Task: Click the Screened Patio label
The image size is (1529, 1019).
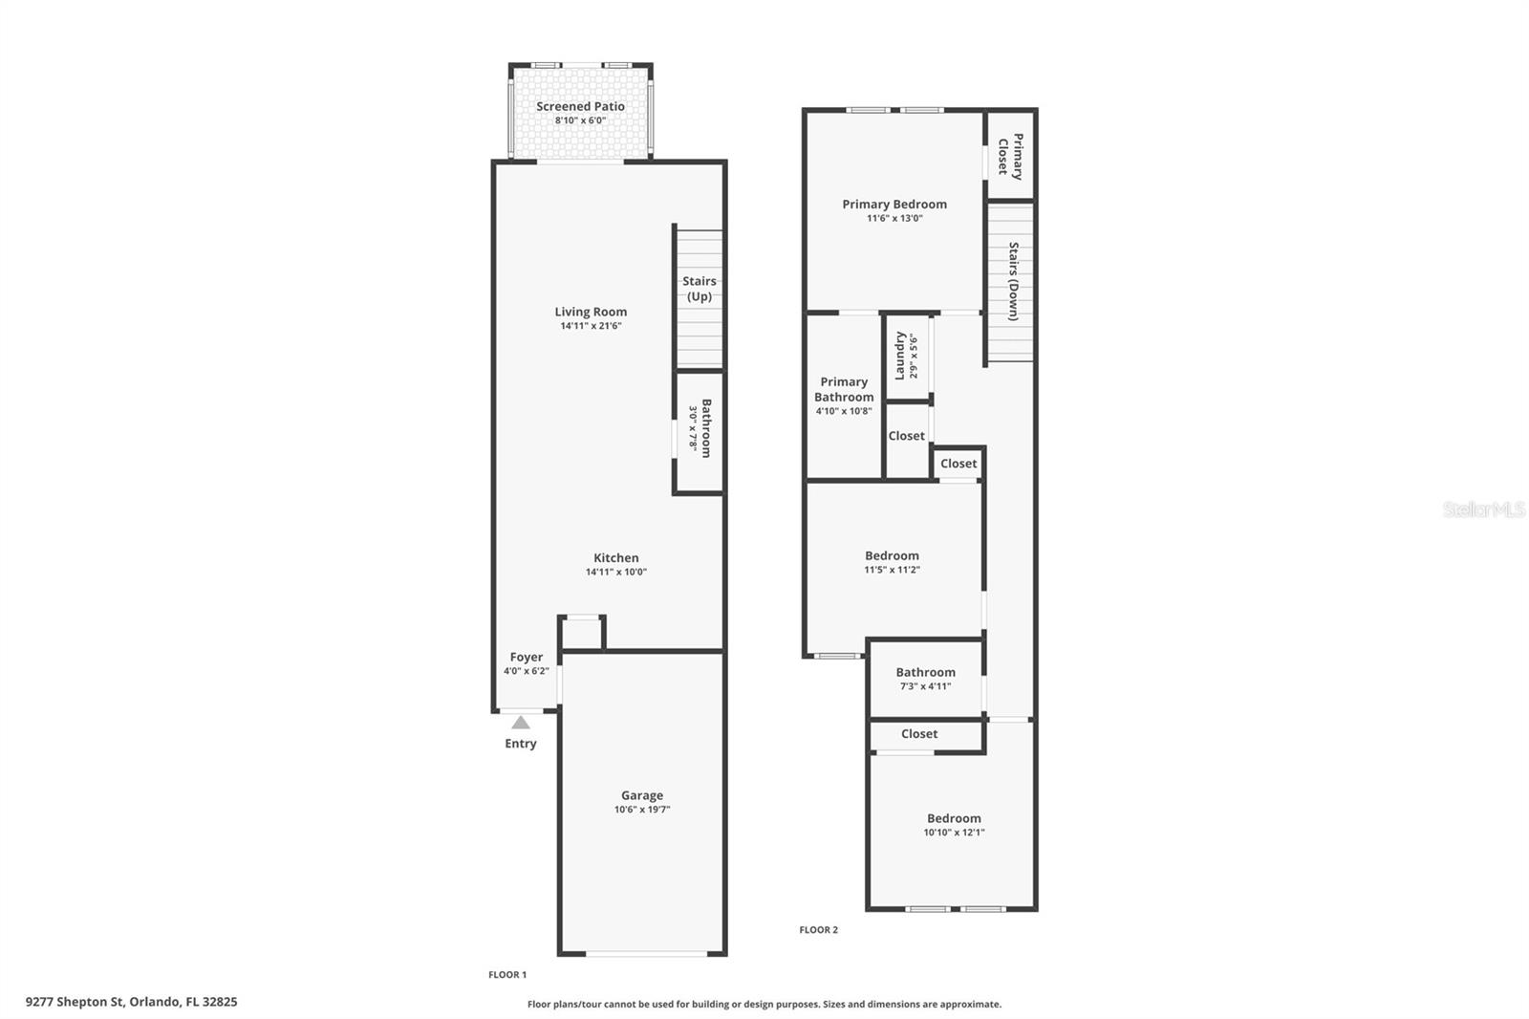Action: (x=580, y=107)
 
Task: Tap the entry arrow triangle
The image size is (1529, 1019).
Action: (x=521, y=723)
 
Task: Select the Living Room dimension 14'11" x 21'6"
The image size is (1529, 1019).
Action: (x=591, y=326)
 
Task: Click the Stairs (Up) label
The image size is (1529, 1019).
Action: (x=700, y=289)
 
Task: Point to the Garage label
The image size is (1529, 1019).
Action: (x=642, y=795)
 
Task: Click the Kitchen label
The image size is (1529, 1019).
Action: (x=616, y=558)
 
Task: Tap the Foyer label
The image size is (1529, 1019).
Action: (x=527, y=658)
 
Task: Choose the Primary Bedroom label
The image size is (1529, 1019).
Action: (x=894, y=205)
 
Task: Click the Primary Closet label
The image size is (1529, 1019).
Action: (x=1011, y=156)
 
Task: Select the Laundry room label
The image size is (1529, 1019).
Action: (x=900, y=356)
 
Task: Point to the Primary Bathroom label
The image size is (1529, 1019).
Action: (x=844, y=389)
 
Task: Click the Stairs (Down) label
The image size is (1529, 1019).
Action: (x=1013, y=281)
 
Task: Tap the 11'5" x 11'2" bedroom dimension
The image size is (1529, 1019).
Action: (x=892, y=570)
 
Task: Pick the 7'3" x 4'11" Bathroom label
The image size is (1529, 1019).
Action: (x=925, y=673)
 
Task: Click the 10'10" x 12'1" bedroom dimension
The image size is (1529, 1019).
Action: (x=954, y=833)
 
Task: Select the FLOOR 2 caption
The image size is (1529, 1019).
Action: (x=818, y=930)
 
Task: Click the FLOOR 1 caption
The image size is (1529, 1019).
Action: (x=507, y=975)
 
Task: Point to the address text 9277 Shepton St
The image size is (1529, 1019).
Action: (x=131, y=1002)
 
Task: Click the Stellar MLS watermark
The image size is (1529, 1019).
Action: (x=1483, y=509)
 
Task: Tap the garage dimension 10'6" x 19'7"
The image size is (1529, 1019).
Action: (x=642, y=810)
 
